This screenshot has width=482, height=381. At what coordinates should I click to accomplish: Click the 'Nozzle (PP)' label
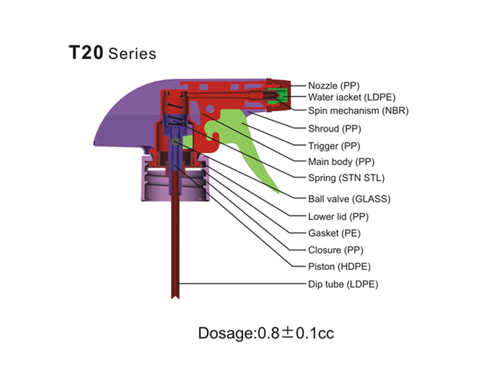[334, 85]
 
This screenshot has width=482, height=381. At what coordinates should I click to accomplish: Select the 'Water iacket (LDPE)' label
[352, 98]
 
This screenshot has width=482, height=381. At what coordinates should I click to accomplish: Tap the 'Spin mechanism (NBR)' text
[359, 111]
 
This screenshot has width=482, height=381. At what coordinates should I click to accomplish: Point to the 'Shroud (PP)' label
[334, 128]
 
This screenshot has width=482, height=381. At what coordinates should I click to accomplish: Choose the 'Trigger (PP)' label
[334, 146]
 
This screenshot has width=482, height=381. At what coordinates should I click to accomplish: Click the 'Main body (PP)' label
[341, 162]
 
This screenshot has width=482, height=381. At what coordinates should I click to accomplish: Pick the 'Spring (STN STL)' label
[346, 178]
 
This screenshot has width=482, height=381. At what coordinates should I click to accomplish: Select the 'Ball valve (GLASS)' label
[349, 199]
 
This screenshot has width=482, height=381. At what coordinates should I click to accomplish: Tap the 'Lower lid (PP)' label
[338, 217]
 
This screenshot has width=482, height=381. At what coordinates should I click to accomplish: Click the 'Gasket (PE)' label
[334, 233]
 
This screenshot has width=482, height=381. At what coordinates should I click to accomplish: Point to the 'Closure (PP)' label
[335, 250]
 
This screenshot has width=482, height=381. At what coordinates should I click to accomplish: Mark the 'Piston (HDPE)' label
[339, 267]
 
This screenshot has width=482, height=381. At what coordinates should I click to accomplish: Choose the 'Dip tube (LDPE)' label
[343, 284]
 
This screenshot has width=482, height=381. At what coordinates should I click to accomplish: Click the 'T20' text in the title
[85, 53]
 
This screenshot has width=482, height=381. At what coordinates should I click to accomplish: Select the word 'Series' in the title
[132, 54]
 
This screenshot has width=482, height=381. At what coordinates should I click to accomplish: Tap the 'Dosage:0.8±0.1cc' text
[266, 333]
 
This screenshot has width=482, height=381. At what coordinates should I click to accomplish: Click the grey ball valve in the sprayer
[175, 141]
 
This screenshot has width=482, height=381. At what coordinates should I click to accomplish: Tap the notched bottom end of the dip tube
[175, 296]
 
